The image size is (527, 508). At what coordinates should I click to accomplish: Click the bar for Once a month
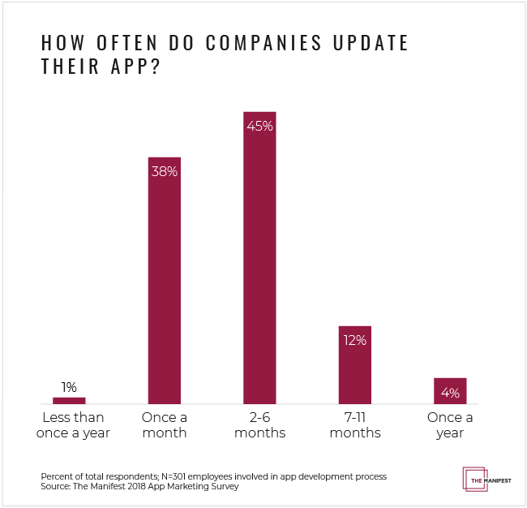pyautogui.click(x=164, y=280)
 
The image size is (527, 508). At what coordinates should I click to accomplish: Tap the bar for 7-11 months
pyautogui.click(x=355, y=365)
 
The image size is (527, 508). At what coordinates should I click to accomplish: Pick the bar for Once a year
pyautogui.click(x=450, y=390)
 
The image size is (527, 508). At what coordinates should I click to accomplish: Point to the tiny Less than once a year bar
pyautogui.click(x=69, y=400)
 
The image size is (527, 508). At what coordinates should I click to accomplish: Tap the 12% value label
pyautogui.click(x=355, y=340)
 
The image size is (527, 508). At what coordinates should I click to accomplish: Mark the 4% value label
pyautogui.click(x=451, y=393)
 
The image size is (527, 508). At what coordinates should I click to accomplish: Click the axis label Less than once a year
pyautogui.click(x=69, y=425)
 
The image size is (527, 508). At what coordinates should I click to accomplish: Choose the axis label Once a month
pyautogui.click(x=164, y=425)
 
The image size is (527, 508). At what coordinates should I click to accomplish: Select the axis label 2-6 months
pyautogui.click(x=259, y=425)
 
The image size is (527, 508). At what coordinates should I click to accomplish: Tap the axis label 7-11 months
pyautogui.click(x=355, y=425)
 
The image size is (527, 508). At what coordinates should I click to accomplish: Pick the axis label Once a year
pyautogui.click(x=450, y=425)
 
